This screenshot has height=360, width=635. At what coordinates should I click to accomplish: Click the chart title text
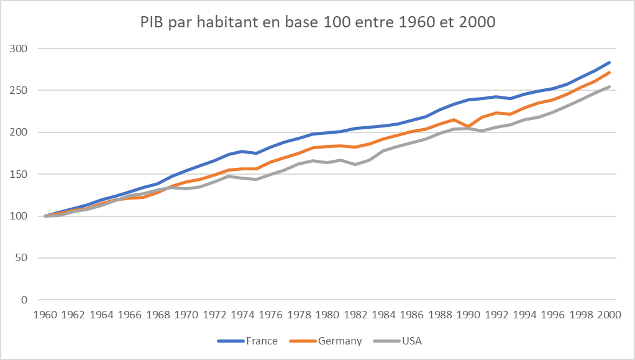(x=317, y=23)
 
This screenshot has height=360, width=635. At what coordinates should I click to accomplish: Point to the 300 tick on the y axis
(x=21, y=48)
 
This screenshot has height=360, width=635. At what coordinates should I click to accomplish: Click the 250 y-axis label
(x=21, y=91)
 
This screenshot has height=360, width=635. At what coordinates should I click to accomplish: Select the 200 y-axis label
(x=21, y=132)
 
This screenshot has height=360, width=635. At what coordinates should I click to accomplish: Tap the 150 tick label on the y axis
(x=21, y=175)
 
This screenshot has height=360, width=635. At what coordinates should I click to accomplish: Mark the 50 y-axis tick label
(x=23, y=258)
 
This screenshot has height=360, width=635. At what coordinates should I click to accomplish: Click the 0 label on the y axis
(x=25, y=300)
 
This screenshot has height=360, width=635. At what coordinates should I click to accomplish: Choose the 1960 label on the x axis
(x=45, y=315)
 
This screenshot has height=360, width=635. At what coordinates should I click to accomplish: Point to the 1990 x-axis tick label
(x=468, y=315)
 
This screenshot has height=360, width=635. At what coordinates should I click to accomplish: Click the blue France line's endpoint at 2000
(x=610, y=62)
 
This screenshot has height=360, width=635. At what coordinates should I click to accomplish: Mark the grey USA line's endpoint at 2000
(x=610, y=86)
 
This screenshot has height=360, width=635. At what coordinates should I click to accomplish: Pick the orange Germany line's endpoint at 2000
(x=610, y=72)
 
